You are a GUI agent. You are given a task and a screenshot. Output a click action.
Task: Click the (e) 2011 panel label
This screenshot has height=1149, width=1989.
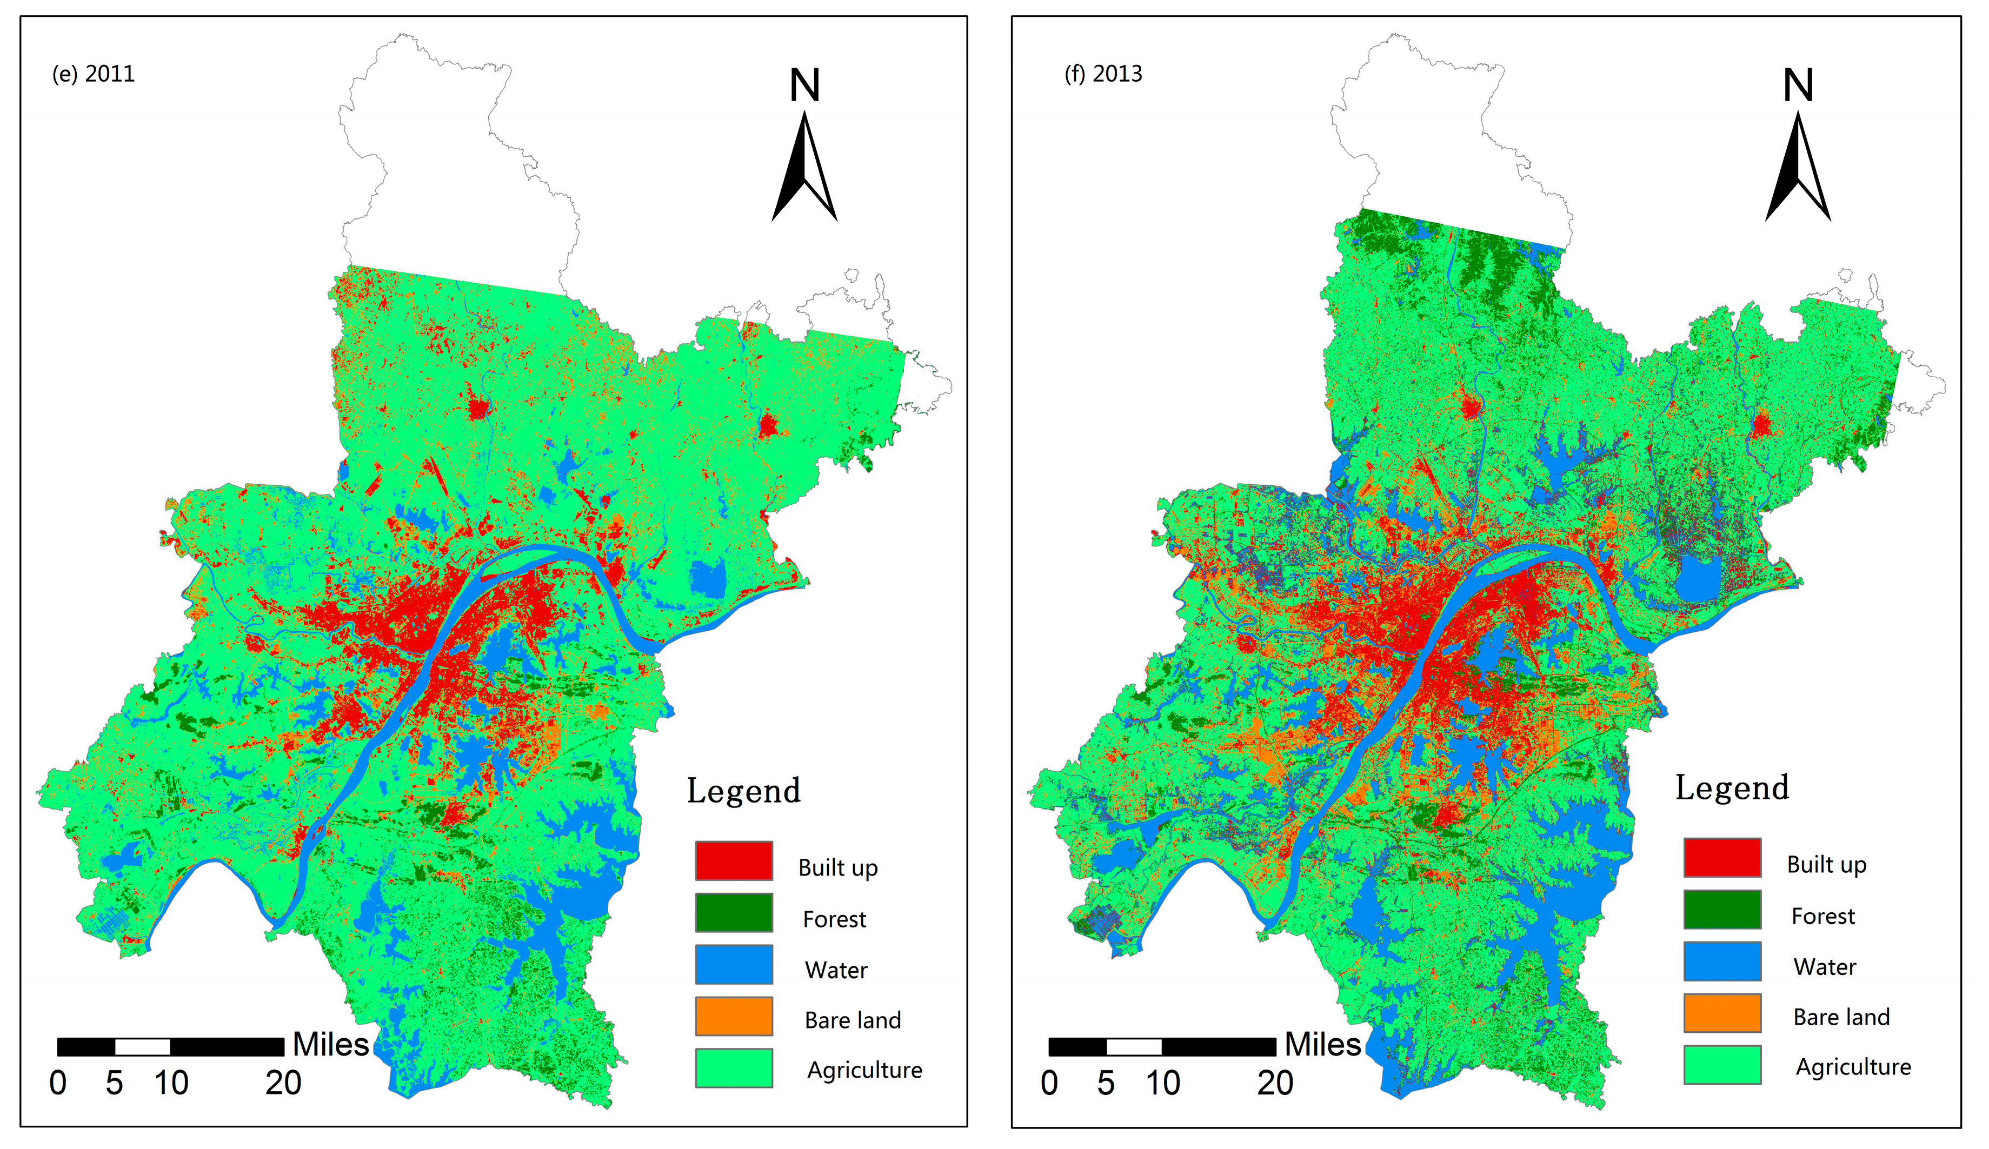coord(93,74)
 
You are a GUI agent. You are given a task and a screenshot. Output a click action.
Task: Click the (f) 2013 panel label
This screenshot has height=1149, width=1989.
coord(1103,74)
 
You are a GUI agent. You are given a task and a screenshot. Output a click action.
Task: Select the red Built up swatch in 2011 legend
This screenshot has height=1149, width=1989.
coord(733,860)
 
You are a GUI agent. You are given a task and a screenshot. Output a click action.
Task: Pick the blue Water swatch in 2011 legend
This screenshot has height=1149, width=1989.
coord(733,964)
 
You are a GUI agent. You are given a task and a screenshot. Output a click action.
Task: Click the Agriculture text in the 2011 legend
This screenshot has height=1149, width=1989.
coord(864,1070)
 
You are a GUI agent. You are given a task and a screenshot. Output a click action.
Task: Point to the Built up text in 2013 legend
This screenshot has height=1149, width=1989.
coord(1826,865)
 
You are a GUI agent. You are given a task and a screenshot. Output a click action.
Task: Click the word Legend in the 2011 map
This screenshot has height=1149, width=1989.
coord(743,791)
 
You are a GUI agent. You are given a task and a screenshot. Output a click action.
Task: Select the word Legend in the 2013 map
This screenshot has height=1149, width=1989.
coord(1732,787)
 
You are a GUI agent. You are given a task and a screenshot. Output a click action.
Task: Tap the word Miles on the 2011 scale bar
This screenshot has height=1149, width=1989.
coord(331,1044)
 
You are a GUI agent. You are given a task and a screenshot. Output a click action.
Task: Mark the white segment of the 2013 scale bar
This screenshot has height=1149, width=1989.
coord(1133,1046)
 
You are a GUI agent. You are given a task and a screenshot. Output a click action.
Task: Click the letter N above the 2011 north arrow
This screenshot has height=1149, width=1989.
coord(805,85)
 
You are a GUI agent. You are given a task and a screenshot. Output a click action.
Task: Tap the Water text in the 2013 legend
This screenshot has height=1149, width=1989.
coord(1824,967)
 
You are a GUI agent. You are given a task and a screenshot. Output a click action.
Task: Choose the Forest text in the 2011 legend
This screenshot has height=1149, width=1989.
coord(834,919)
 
